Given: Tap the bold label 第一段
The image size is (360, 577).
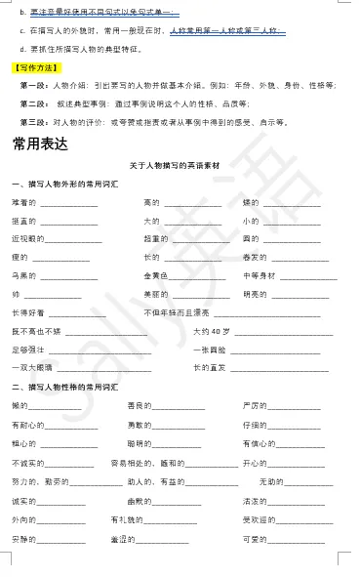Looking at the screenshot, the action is (34, 85).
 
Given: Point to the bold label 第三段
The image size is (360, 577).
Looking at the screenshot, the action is (34, 121).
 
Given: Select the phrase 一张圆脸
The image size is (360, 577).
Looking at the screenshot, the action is (209, 349).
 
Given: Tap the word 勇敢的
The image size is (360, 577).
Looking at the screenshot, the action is (140, 425).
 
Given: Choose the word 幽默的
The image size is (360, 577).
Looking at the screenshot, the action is (140, 500).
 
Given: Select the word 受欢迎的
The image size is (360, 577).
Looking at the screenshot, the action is (261, 519).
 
